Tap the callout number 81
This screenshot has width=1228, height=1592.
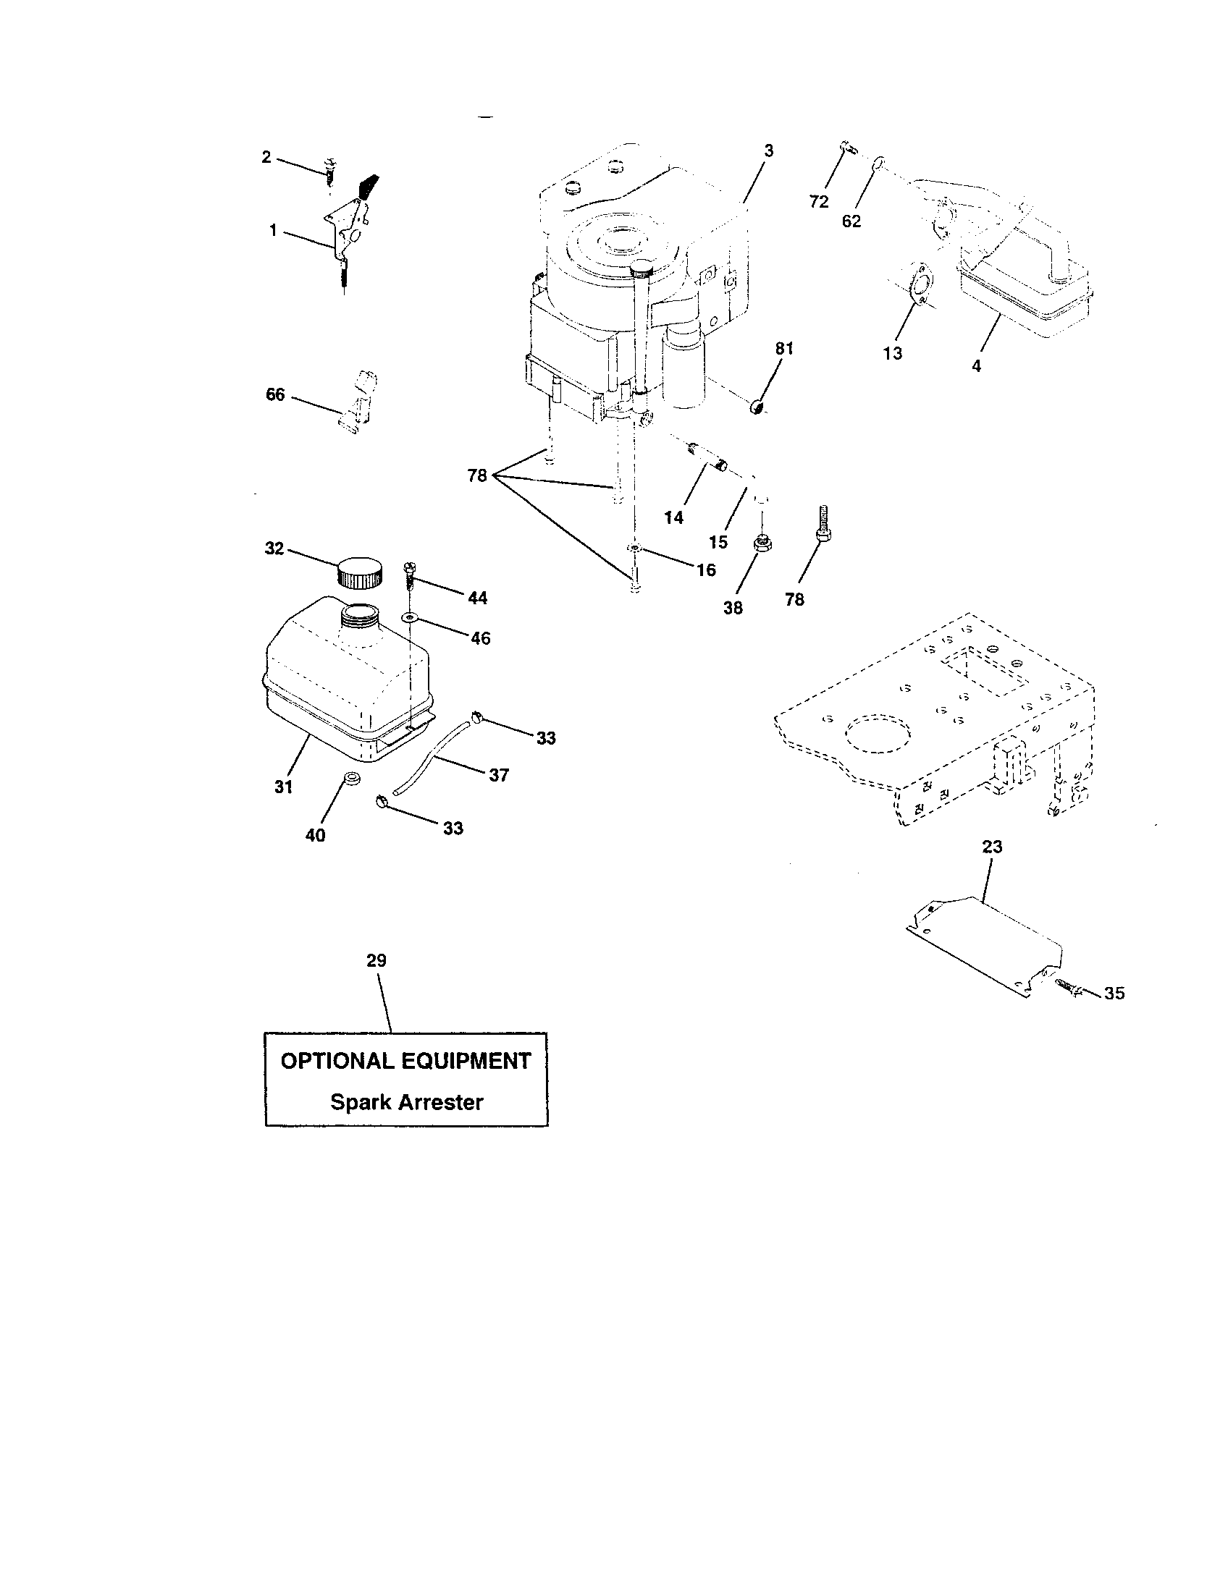click(784, 350)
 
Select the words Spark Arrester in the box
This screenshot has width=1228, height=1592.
click(406, 1101)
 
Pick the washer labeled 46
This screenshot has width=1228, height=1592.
click(410, 618)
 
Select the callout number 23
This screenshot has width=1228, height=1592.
click(992, 847)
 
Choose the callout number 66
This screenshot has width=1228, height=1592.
click(275, 394)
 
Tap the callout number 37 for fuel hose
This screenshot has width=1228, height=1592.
click(499, 775)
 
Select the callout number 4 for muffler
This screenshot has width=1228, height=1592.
click(977, 366)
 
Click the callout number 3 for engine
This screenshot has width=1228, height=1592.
click(769, 151)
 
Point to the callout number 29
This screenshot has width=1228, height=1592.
click(377, 960)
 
